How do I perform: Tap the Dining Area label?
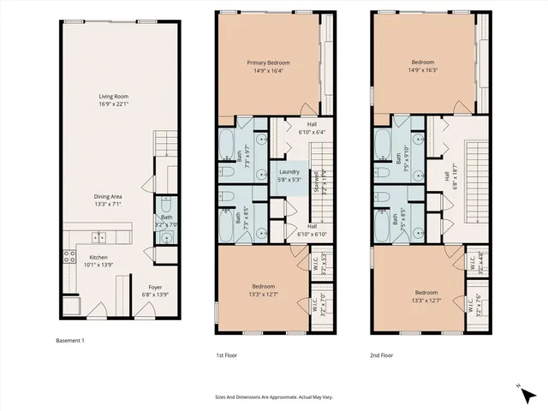[x=107, y=200]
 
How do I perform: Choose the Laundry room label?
[x=289, y=176]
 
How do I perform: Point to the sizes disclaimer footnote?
[x=273, y=396]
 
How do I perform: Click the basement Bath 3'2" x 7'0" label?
[x=167, y=221]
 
